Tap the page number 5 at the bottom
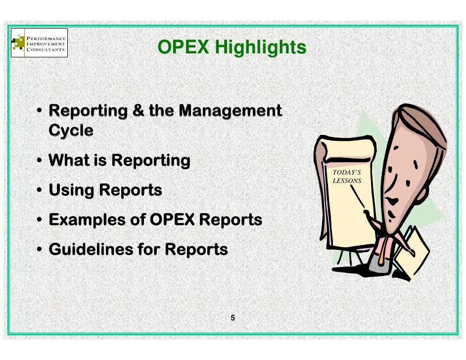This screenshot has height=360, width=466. click(233, 318)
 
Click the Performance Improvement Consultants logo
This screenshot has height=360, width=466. click(39, 44)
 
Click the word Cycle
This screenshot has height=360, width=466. click(71, 131)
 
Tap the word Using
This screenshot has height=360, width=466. click(72, 190)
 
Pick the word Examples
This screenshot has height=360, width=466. click(85, 220)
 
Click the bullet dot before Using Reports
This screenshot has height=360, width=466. click(39, 190)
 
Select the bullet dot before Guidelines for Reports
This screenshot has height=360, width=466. click(39, 250)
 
